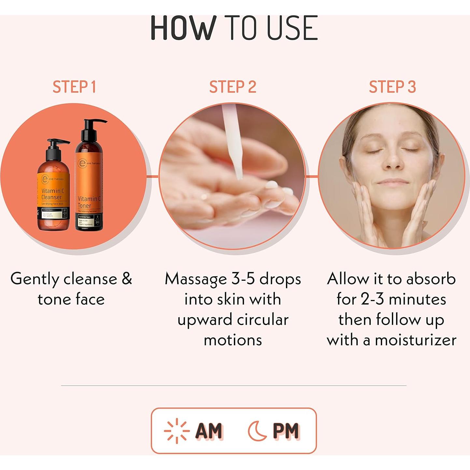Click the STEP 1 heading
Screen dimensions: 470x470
click(x=74, y=87)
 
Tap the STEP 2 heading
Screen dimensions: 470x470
click(x=233, y=87)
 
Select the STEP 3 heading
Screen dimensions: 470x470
click(x=392, y=87)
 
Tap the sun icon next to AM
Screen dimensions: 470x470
click(x=177, y=431)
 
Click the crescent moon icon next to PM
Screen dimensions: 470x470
click(x=257, y=431)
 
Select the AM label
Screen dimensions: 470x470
click(x=209, y=431)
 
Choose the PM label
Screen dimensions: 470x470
click(x=286, y=431)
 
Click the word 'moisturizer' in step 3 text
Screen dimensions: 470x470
click(x=415, y=340)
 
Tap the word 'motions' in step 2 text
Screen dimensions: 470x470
click(x=233, y=340)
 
